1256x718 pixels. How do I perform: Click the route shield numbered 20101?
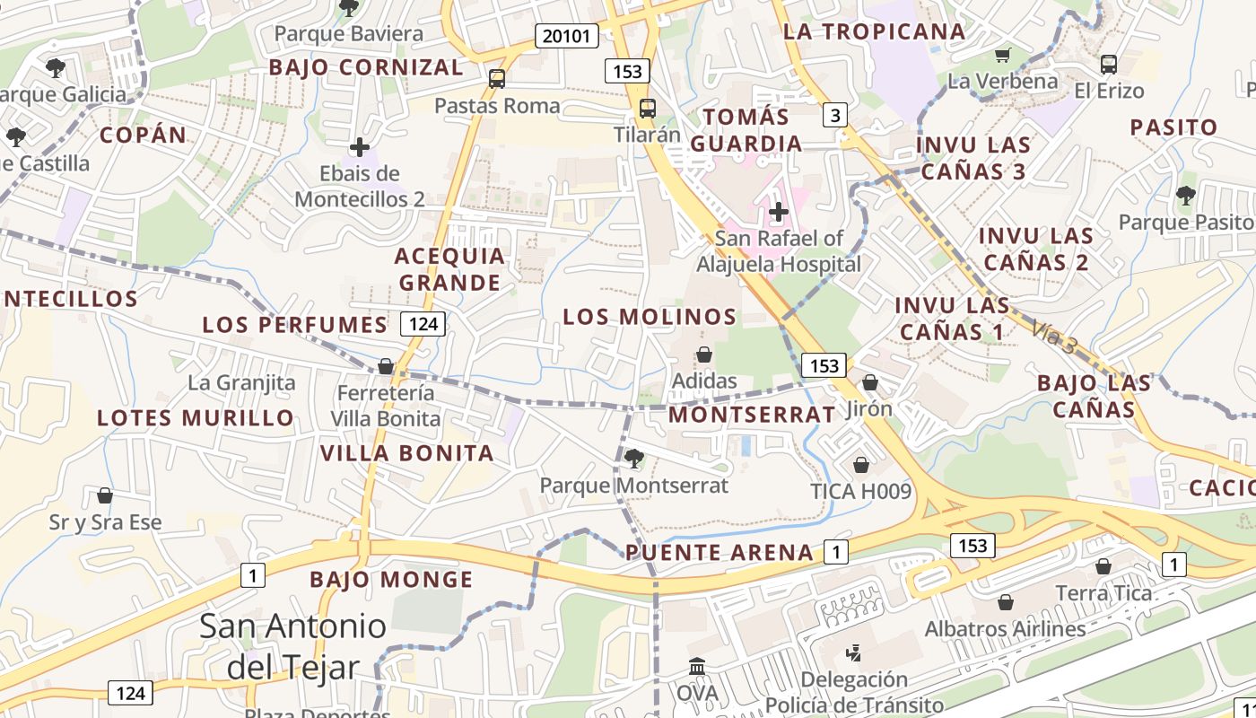[567, 36]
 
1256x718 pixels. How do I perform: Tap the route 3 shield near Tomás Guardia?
[835, 114]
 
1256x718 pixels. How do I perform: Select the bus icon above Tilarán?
[647, 109]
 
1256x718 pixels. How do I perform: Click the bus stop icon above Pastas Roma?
[497, 79]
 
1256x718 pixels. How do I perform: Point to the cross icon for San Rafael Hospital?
[779, 213]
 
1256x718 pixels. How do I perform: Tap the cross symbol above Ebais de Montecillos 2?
[360, 147]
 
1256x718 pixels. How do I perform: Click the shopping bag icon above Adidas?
[704, 355]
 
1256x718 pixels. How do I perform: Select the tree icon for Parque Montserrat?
[633, 459]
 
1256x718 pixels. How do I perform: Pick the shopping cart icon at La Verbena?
[1003, 56]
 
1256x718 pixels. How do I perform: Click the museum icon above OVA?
[697, 667]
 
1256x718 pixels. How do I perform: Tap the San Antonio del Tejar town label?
[292, 646]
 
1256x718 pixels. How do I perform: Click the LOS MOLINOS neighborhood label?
[650, 316]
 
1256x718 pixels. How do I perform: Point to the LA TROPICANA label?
[874, 31]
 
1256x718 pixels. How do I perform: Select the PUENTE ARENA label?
[720, 552]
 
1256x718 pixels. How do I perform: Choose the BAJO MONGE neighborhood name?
[391, 580]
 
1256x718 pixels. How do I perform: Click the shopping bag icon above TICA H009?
[860, 465]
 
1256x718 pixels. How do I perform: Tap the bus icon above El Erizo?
[1109, 65]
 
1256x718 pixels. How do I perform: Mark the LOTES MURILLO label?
[196, 417]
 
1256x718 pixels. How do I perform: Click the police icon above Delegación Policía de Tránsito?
[853, 652]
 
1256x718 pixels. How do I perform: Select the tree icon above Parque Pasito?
[1185, 195]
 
